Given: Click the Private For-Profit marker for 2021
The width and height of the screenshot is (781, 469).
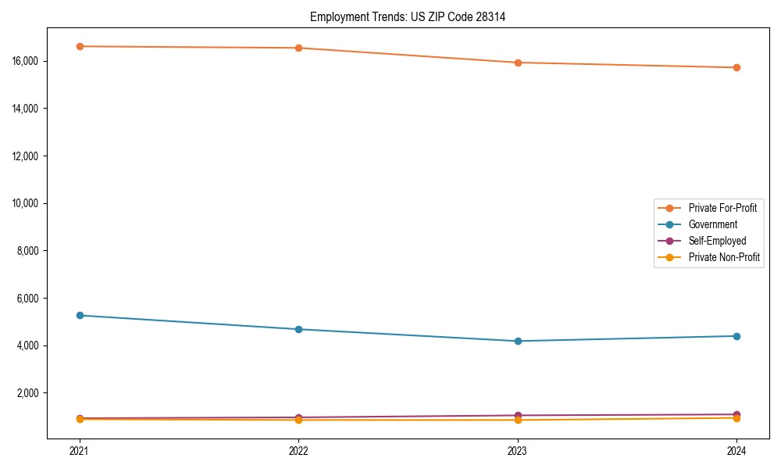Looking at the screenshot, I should (80, 46).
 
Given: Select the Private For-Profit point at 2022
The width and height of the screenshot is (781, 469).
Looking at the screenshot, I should (298, 48).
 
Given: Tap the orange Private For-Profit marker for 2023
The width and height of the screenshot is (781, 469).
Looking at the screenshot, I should (518, 63).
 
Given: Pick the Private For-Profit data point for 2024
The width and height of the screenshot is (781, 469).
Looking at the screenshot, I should (736, 67).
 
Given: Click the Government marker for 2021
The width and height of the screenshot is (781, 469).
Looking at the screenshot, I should (80, 315).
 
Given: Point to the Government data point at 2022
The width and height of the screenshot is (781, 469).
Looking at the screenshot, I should (298, 329).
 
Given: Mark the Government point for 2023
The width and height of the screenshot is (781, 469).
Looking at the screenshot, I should (518, 341).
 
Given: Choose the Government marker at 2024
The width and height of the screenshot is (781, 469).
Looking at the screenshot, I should (736, 336).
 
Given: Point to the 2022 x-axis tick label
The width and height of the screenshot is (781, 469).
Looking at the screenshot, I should (298, 450).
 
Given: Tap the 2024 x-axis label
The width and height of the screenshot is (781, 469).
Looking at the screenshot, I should (736, 450).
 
